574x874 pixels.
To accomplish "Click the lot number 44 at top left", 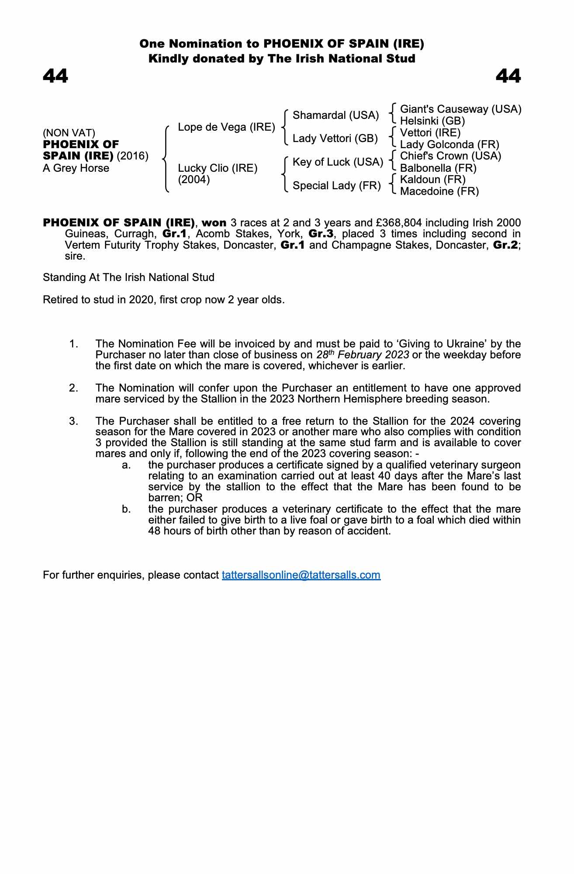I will coord(55,76).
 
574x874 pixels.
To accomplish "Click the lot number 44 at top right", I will coord(508,76).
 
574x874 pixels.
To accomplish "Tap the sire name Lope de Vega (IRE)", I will coord(226,127).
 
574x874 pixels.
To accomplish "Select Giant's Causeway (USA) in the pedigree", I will coord(460,109).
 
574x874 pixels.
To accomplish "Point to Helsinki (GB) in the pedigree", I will coord(432,121).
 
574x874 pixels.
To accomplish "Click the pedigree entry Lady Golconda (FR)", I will coord(449,145).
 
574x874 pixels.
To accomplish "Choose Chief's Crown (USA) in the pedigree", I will coord(450,156).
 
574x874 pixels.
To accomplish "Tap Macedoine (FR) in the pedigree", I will coord(439,191).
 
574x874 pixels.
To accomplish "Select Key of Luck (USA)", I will coord(338,162).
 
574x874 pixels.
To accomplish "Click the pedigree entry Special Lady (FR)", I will coord(336,186).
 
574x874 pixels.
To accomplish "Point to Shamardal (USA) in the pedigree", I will coord(335,115).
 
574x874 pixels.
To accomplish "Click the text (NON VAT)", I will coord(69,133).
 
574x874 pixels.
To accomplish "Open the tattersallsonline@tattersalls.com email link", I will coord(301,575).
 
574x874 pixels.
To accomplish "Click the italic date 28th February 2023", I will coord(363,354).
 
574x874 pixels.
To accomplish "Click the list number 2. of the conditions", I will coord(73,388).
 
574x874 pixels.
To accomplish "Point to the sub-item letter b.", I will coord(126,509).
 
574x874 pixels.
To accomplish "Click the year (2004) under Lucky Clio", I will coord(194,180).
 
